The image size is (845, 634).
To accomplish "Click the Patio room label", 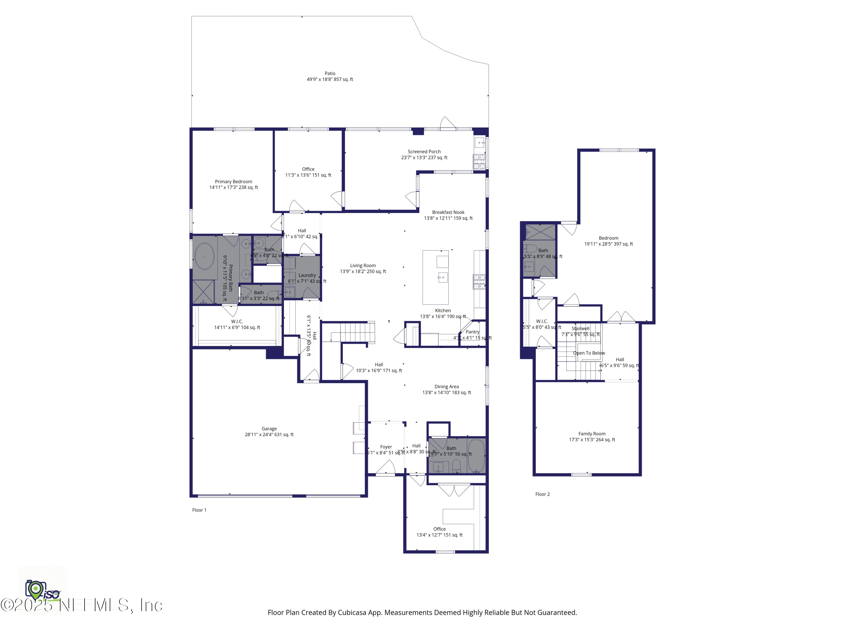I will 330,73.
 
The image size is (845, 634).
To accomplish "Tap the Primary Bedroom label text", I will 234,181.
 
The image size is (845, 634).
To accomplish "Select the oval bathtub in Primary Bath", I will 204,256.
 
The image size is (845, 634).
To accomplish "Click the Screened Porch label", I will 424,152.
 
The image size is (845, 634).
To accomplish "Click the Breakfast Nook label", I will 448,212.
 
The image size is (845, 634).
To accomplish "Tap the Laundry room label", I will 307,275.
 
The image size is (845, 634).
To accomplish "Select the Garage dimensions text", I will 269,435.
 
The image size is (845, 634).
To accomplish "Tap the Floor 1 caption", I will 199,510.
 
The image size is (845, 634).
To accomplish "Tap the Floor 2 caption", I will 542,494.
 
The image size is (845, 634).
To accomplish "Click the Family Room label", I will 592,434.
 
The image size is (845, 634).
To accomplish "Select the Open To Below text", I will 589,353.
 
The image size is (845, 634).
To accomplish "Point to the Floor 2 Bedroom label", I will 608,238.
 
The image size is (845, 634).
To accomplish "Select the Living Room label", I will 363,266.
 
